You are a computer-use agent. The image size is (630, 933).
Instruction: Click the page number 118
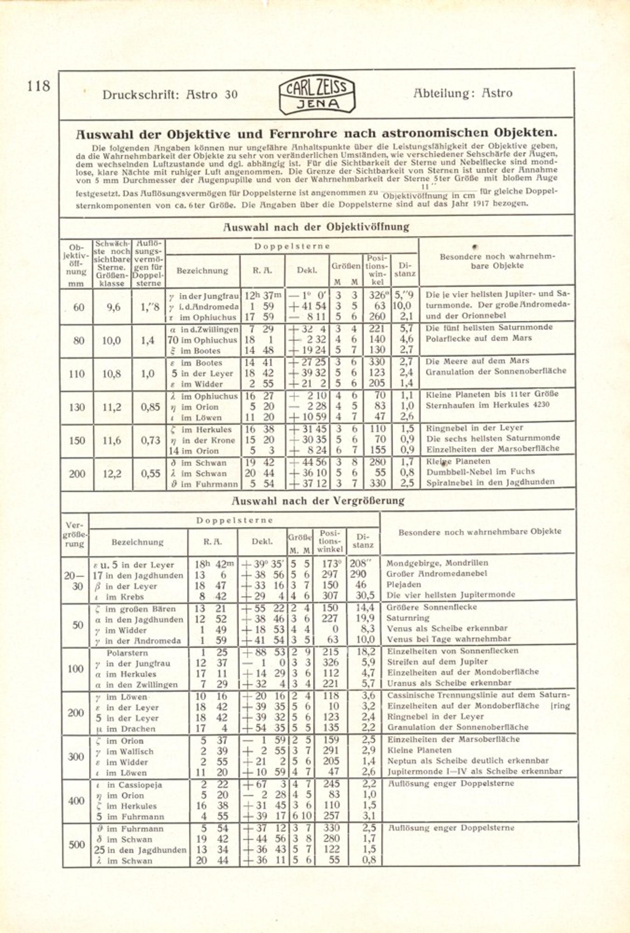(x=38, y=86)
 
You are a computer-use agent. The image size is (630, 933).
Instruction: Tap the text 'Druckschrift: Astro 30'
(x=170, y=95)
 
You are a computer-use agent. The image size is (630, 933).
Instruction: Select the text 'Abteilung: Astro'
(x=462, y=93)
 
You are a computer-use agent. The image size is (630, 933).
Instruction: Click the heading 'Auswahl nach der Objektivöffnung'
(x=316, y=227)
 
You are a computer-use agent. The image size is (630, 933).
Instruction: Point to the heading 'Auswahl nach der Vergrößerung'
(x=318, y=501)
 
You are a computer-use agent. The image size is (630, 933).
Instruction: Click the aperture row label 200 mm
(x=77, y=474)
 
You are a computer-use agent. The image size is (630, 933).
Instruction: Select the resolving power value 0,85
(x=150, y=407)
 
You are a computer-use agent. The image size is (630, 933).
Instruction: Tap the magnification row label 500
(x=76, y=845)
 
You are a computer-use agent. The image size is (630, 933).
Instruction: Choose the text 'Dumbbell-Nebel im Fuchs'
(x=480, y=472)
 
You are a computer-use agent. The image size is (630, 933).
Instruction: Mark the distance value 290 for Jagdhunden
(x=358, y=575)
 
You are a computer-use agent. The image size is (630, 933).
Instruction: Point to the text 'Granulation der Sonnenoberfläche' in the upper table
(x=496, y=371)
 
